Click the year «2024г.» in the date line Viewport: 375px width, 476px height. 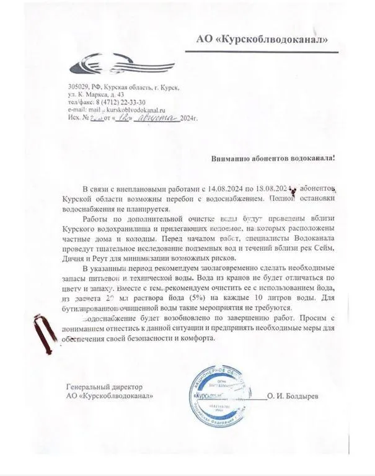point(191,117)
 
